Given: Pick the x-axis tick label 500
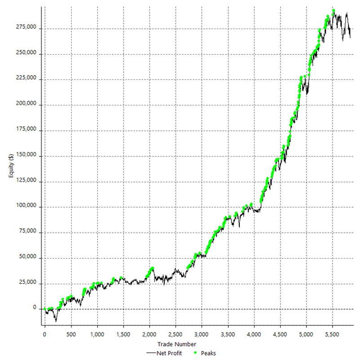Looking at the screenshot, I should click(x=70, y=335).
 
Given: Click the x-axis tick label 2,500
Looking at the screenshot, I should click(x=176, y=335).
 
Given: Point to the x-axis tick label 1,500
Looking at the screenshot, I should click(x=123, y=335).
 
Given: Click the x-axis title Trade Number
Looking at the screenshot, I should click(x=180, y=344).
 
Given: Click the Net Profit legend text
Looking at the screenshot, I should click(x=169, y=353).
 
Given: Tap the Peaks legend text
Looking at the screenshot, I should click(x=208, y=353).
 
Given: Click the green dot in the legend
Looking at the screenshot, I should click(x=196, y=353).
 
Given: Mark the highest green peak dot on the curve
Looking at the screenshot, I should click(x=334, y=10).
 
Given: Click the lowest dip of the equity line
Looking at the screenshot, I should click(x=56, y=321).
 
